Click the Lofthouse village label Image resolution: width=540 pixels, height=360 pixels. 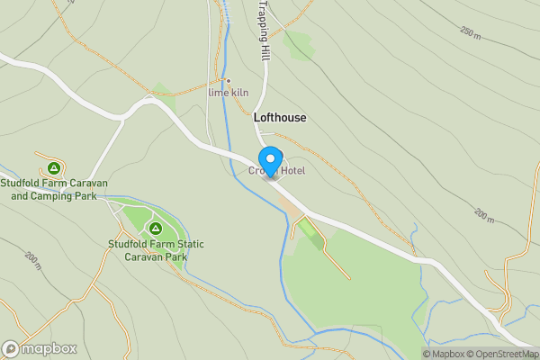click(280, 118)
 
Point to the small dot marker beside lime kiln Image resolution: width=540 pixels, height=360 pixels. click(229, 80)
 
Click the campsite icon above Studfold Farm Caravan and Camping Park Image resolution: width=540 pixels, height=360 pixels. click(54, 168)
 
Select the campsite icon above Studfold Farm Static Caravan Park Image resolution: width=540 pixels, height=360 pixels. click(156, 229)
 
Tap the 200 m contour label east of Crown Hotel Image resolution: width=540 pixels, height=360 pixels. click(484, 216)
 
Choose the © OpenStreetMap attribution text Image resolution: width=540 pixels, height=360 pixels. click(503, 354)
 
